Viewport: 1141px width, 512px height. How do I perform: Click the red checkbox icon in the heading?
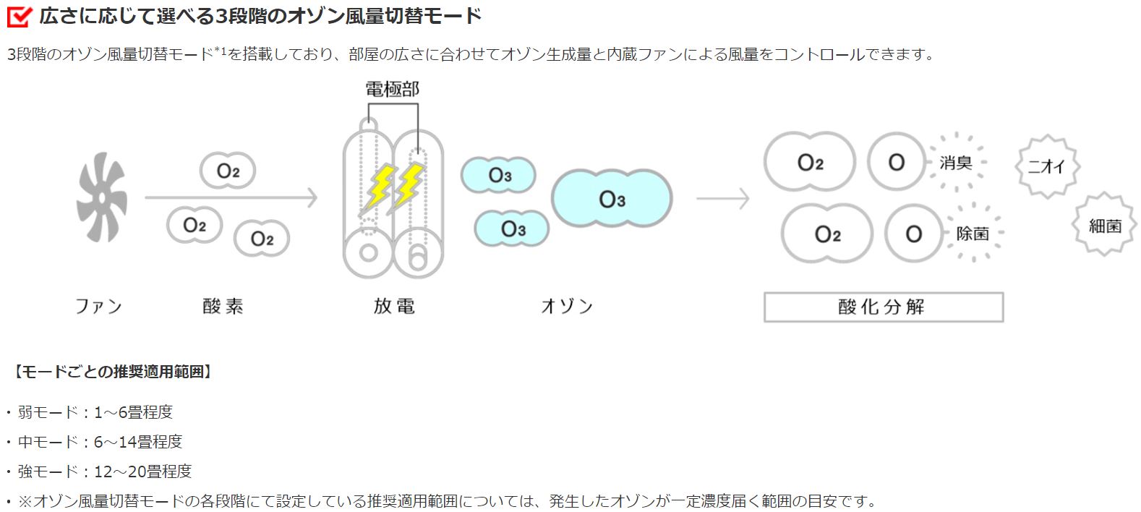tap(18, 16)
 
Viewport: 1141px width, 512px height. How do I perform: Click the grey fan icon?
tap(102, 197)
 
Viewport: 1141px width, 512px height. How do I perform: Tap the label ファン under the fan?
tap(99, 307)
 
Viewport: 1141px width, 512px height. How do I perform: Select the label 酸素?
tap(223, 307)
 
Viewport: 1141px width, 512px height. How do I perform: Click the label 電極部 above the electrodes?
tap(392, 90)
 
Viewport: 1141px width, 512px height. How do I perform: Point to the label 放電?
tap(394, 307)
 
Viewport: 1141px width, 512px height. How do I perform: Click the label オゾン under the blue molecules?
tap(567, 307)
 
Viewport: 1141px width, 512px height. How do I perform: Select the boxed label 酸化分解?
tap(883, 307)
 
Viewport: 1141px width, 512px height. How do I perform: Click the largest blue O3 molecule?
tap(612, 199)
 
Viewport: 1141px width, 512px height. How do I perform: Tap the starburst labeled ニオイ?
tap(1047, 166)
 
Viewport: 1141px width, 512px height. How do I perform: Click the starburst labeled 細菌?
tap(1105, 226)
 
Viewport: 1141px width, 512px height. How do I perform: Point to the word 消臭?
tap(955, 163)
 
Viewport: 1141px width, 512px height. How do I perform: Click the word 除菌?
tap(973, 234)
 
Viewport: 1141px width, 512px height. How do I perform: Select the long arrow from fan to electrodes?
tap(231, 197)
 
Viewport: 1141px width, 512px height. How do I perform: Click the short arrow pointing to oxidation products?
tap(723, 197)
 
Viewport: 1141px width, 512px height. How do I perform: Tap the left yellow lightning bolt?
tap(380, 187)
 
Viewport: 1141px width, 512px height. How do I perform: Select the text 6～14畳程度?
tap(137, 442)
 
